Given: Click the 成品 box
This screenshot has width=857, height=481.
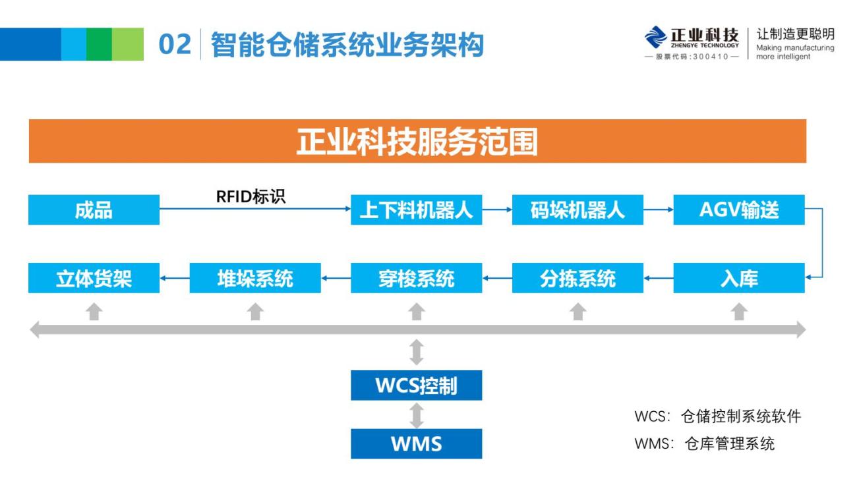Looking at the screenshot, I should pos(94,210).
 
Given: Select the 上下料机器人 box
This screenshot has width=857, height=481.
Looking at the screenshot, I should pos(416,210).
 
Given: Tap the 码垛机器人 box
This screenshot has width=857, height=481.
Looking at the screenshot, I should pos(577,210).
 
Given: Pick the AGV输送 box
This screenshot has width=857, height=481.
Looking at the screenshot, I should pos(738,210).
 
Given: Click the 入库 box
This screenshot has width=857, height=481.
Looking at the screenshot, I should pos(738,278).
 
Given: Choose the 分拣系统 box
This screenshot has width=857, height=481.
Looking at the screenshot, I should pos(577,278).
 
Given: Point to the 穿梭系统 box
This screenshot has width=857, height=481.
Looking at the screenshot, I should pos(416,278).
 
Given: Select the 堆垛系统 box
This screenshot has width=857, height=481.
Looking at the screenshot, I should pos(255,278).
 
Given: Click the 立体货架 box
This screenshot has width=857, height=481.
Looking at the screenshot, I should pos(94,278).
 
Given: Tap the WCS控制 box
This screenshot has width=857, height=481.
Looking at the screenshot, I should pos(416,385).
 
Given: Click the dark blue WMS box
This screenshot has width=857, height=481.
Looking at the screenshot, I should pos(416,443).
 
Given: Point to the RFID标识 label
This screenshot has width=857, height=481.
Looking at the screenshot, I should pos(251,197).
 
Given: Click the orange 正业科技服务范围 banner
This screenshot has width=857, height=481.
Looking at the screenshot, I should pos(417,141).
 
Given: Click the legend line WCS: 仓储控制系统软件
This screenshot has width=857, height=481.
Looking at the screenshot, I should pos(717,416).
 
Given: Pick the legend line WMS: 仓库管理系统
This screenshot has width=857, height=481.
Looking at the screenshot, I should pos(704,444).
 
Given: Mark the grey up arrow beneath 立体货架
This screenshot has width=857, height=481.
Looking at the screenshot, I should pos(94,311).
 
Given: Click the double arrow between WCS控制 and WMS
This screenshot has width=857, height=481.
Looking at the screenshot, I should pos(416,415).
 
